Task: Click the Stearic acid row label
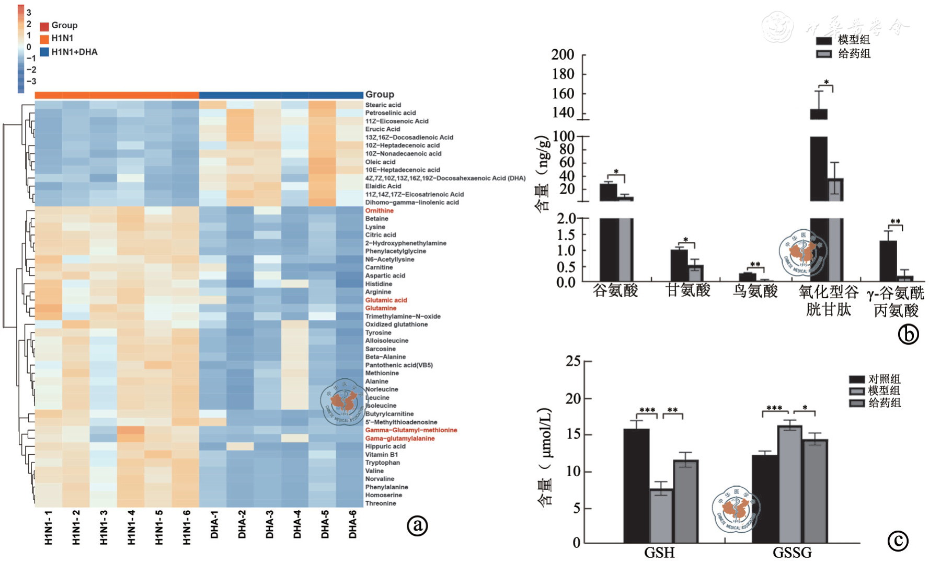point(383,105)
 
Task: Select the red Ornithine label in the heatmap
point(379,210)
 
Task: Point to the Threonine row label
point(381,503)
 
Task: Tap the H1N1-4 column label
point(131,528)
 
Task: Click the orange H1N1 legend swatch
point(44,38)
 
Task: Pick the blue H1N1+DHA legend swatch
point(44,52)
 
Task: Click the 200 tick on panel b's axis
point(563,54)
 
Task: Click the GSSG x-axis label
point(792,552)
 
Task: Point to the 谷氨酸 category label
point(615,291)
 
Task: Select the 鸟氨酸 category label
point(755,291)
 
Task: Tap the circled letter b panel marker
point(908,334)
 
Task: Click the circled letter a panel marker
point(417,525)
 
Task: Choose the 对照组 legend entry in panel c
point(884,379)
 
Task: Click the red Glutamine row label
point(381,308)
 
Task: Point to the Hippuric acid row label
point(385,446)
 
